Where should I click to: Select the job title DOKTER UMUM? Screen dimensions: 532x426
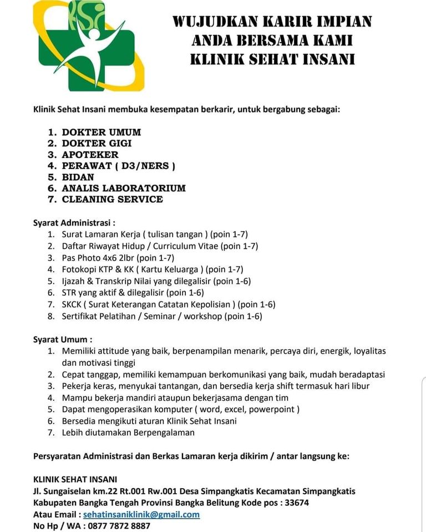[101, 132]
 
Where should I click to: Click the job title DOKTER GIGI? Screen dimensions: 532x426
[97, 144]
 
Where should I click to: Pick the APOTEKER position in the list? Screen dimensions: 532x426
[90, 155]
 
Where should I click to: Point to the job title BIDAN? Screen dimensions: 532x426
[78, 177]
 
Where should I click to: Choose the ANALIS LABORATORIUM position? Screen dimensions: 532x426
[124, 188]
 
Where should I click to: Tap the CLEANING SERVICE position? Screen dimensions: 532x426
[112, 199]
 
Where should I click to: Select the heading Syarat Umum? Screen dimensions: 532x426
[63, 339]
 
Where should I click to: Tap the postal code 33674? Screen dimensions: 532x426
[296, 503]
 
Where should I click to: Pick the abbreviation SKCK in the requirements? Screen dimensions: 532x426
[73, 304]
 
